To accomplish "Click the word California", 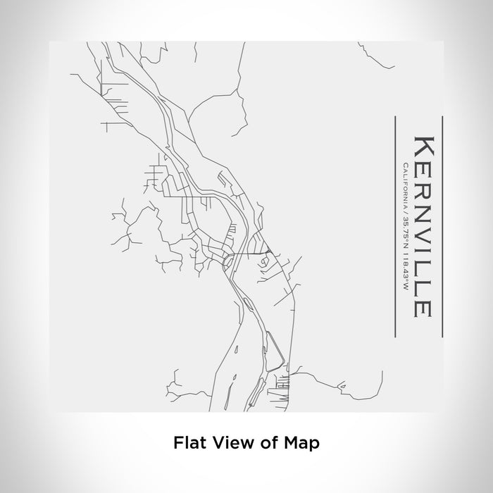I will [x=404, y=182].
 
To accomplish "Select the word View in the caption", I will [x=229, y=444].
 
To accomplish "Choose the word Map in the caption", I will [x=299, y=444].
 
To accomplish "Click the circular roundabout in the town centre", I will [x=227, y=261].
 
